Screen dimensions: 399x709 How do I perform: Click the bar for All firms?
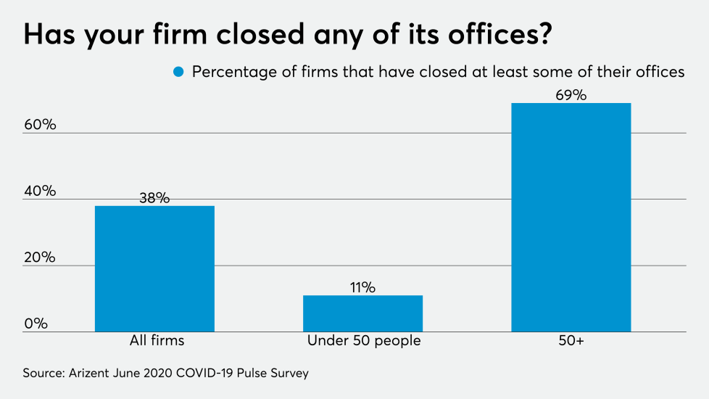154,268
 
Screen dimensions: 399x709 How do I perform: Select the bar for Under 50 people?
362,313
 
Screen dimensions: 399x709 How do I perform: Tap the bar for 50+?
571,217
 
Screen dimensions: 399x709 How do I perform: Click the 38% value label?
154,197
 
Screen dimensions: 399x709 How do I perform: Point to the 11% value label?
362,287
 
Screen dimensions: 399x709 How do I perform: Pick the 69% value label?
571,94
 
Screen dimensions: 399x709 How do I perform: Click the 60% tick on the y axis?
40,125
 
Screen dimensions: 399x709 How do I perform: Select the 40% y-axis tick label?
40,191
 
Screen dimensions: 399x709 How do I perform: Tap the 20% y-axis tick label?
40,258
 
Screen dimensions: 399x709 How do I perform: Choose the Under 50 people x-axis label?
363,340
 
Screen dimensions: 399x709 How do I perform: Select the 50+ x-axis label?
571,340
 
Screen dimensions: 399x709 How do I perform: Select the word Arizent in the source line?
93,374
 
